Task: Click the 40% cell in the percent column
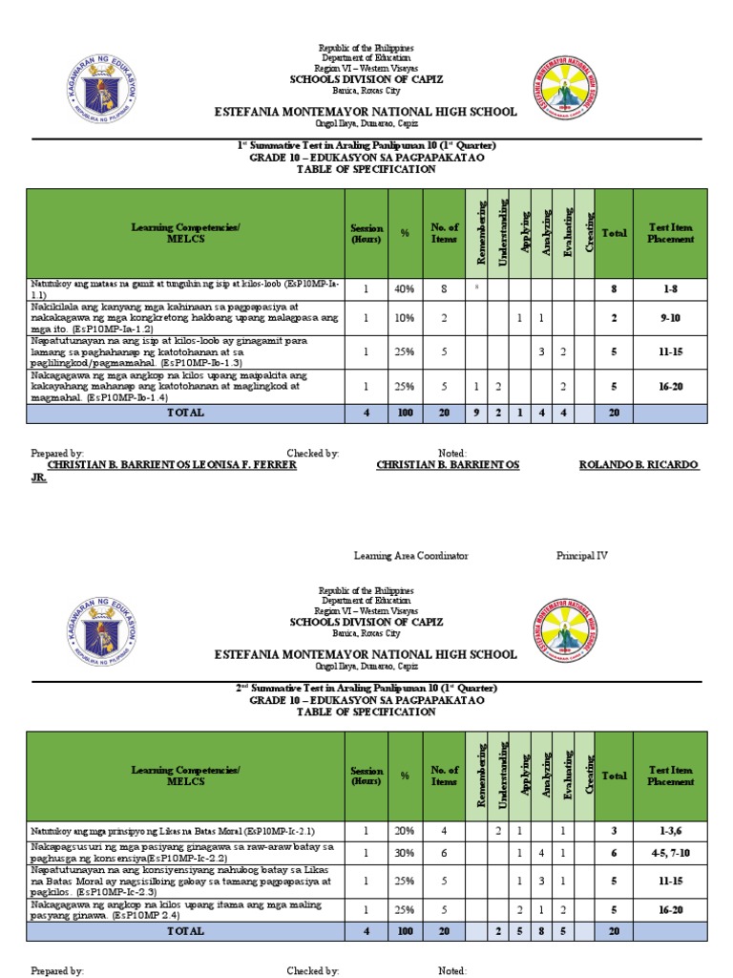coord(406,288)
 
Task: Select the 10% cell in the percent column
coord(406,317)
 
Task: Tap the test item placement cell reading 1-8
coord(670,288)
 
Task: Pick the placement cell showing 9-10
coord(670,317)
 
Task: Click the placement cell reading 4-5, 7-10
coord(670,853)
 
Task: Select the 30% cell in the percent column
coord(406,853)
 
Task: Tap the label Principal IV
coord(582,555)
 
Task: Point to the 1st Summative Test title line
coord(366,145)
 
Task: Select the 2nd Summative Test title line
coord(366,688)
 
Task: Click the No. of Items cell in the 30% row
coord(444,853)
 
